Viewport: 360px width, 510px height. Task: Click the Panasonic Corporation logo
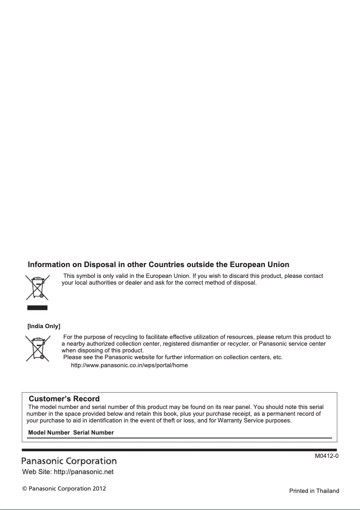[x=70, y=461]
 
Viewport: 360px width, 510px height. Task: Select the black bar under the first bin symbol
[x=37, y=308]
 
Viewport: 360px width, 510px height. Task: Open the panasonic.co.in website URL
[x=129, y=365]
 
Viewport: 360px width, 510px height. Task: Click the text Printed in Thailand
[x=314, y=491]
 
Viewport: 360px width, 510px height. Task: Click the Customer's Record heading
[x=64, y=399]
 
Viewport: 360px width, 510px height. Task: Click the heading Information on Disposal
[x=158, y=265]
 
